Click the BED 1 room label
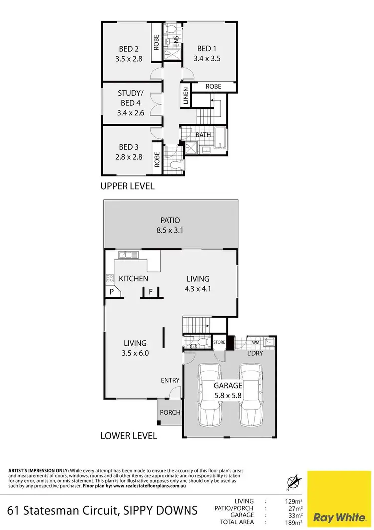(207, 49)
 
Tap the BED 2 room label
(129, 49)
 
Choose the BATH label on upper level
(203, 135)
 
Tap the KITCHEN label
(133, 278)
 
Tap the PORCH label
(170, 413)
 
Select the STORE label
(219, 343)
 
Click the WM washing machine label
(256, 343)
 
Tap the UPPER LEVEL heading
(128, 186)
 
